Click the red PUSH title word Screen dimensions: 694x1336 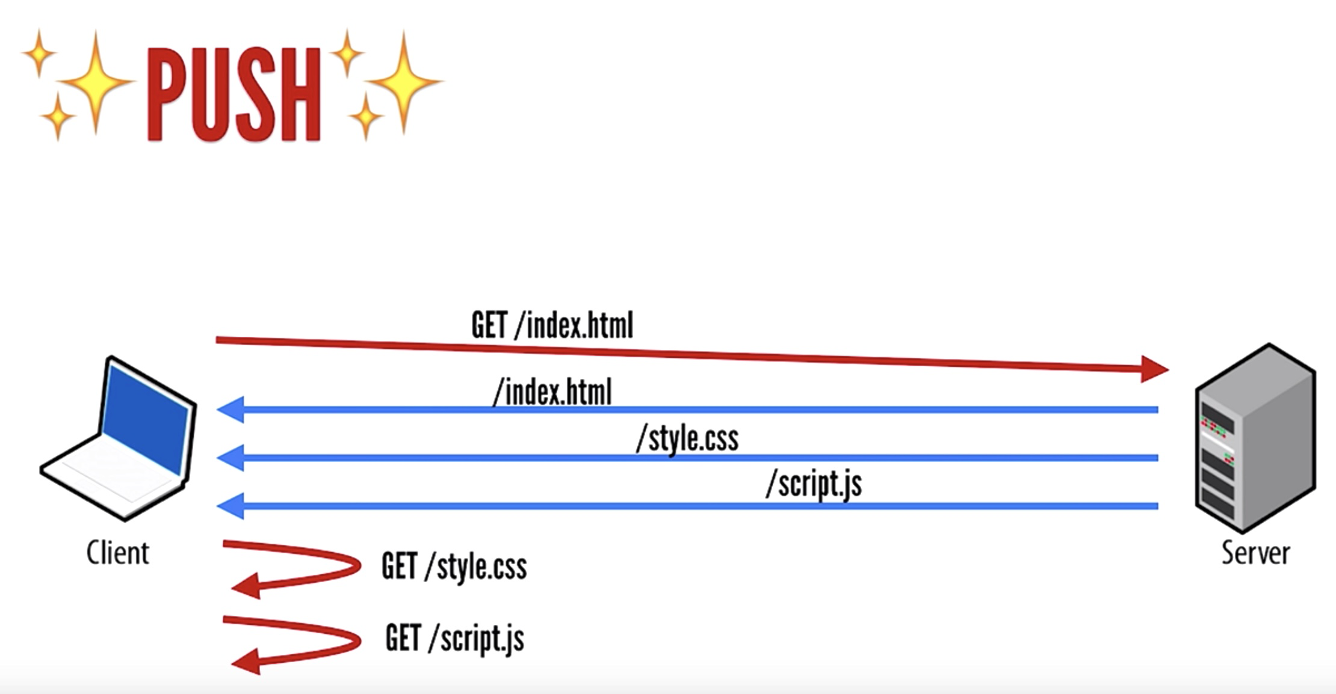point(234,94)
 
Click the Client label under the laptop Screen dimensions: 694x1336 point(117,553)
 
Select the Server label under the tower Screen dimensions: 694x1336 point(1255,553)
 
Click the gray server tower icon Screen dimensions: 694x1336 point(1255,438)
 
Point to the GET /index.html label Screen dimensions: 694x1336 point(552,325)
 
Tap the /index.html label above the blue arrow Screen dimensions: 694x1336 point(552,393)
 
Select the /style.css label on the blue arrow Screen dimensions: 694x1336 point(687,439)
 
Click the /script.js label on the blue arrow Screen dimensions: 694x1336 point(814,484)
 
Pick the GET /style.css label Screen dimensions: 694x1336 point(454,567)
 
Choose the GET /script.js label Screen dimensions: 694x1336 point(454,639)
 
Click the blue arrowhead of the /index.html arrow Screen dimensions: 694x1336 point(230,410)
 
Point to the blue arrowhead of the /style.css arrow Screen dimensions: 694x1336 point(230,458)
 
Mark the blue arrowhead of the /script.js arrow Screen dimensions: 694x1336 point(230,506)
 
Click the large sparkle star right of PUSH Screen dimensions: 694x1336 point(403,82)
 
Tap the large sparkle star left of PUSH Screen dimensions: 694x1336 point(95,82)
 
